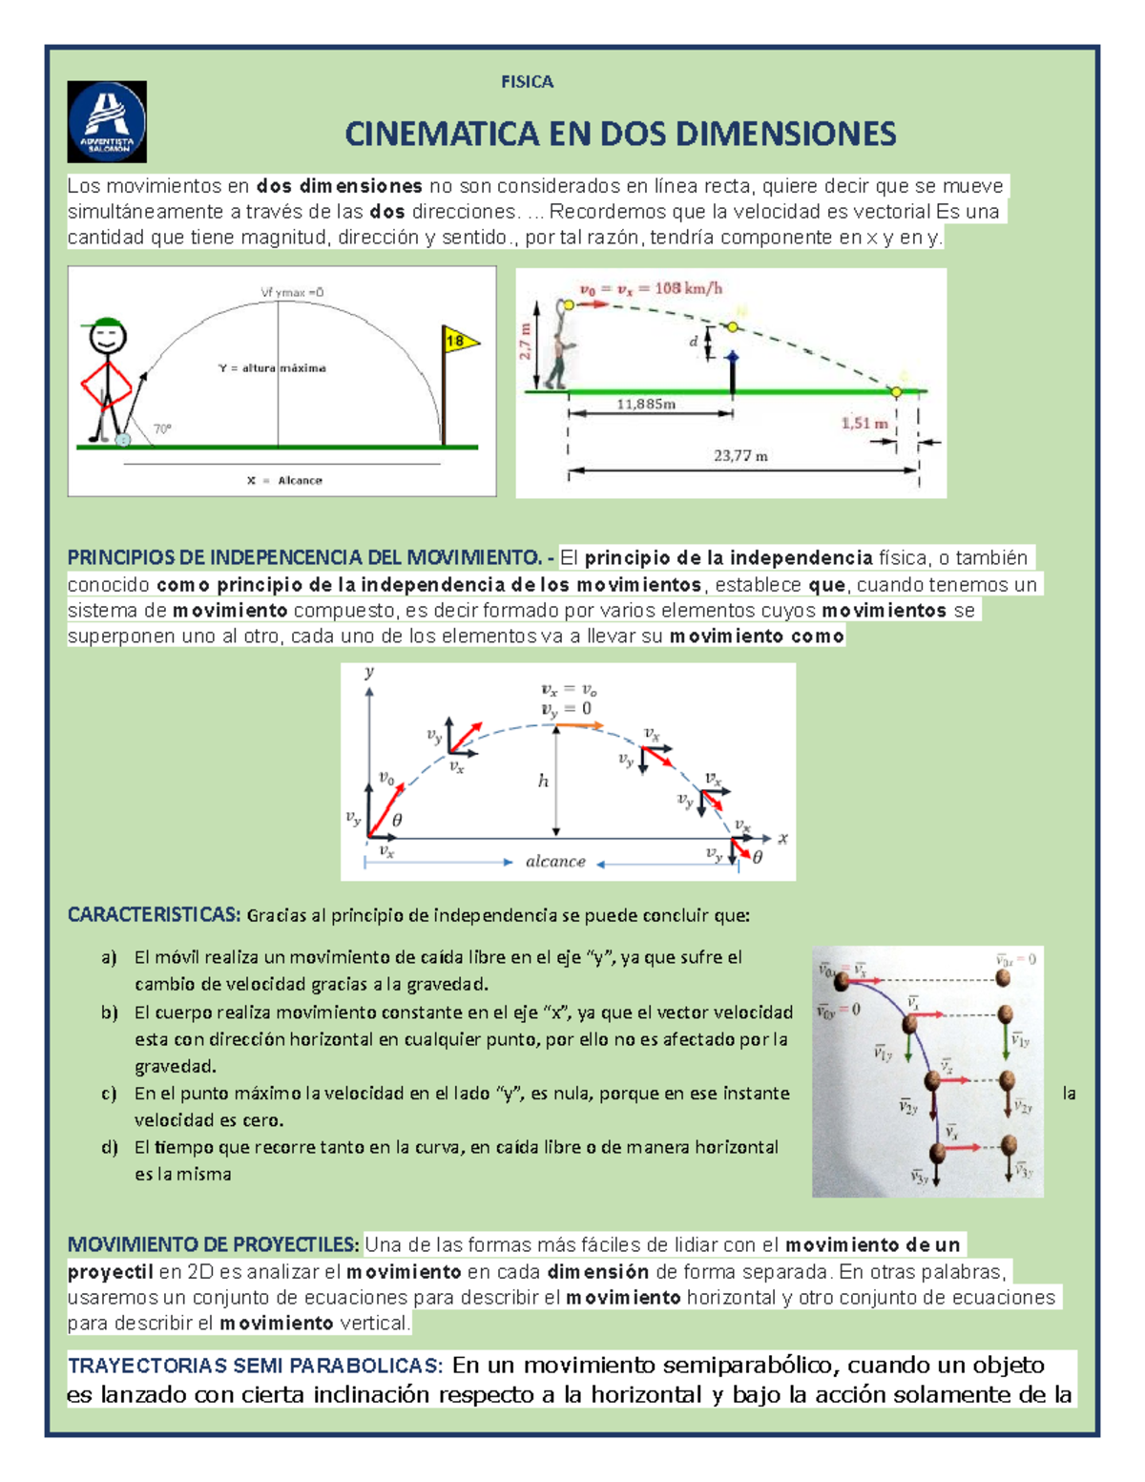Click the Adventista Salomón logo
107,121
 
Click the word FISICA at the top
527,82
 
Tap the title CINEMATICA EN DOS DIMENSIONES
620,134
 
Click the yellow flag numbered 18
459,341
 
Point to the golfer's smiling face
107,338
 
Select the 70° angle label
162,429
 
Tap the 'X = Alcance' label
284,480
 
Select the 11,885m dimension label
646,404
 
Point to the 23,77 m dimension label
740,456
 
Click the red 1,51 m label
864,423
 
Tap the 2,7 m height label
526,341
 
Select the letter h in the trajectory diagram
543,782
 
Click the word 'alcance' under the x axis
555,862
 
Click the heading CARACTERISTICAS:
154,915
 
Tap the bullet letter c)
109,1094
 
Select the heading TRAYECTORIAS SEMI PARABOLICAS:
255,1366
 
